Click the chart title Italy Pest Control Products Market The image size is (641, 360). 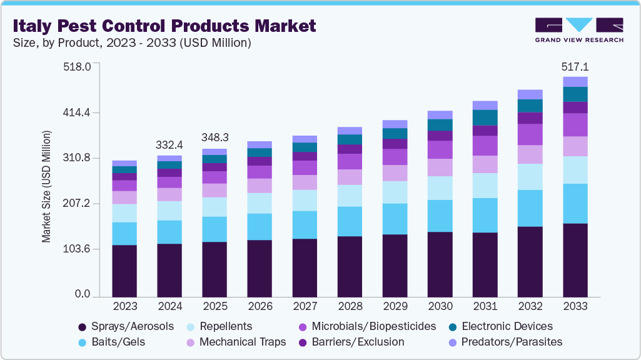pyautogui.click(x=165, y=26)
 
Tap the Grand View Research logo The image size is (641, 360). pyautogui.click(x=579, y=29)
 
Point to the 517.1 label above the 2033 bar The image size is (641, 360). pyautogui.click(x=575, y=67)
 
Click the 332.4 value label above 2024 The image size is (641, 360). pyautogui.click(x=169, y=145)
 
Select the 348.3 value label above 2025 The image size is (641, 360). pyautogui.click(x=215, y=137)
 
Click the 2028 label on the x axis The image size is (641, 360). pyautogui.click(x=350, y=307)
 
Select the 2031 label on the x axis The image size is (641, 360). pyautogui.click(x=485, y=307)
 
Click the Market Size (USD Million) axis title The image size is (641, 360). pyautogui.click(x=46, y=187)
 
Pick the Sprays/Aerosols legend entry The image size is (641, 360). pyautogui.click(x=125, y=326)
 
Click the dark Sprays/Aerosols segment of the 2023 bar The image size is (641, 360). pyautogui.click(x=124, y=271)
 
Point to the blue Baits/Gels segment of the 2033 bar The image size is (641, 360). pyautogui.click(x=575, y=203)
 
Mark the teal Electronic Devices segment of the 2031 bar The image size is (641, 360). pyautogui.click(x=485, y=117)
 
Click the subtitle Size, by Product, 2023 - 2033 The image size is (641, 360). pyautogui.click(x=131, y=43)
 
